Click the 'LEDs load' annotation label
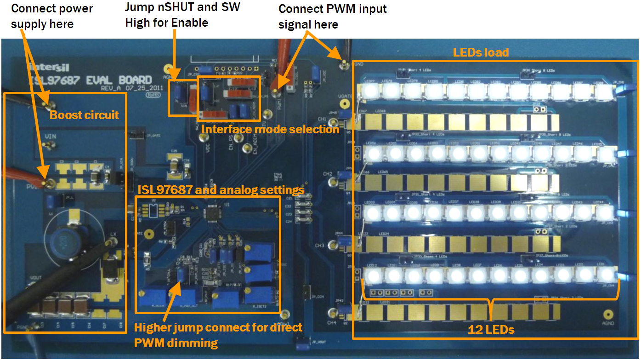481,52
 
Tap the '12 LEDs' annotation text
491,329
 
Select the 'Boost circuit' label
84,115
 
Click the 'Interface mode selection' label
270,130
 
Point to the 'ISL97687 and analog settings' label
221,189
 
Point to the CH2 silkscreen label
328,174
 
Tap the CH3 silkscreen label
319,246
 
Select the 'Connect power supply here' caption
51,16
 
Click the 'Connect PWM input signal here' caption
332,16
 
